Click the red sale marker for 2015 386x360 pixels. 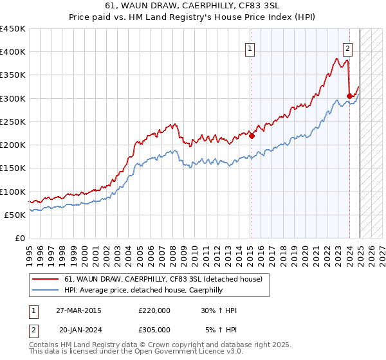[x=252, y=136]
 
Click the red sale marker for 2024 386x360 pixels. [x=349, y=96]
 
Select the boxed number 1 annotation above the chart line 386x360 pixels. [x=249, y=47]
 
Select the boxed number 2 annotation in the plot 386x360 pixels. [x=347, y=47]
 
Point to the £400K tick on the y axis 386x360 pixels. [x=13, y=52]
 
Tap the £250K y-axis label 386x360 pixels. [x=13, y=122]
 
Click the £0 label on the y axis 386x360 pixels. [x=20, y=238]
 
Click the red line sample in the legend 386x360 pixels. [x=46, y=280]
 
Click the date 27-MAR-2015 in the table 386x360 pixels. [x=78, y=310]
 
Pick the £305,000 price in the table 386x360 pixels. [x=154, y=330]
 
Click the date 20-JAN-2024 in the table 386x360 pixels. [x=78, y=330]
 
